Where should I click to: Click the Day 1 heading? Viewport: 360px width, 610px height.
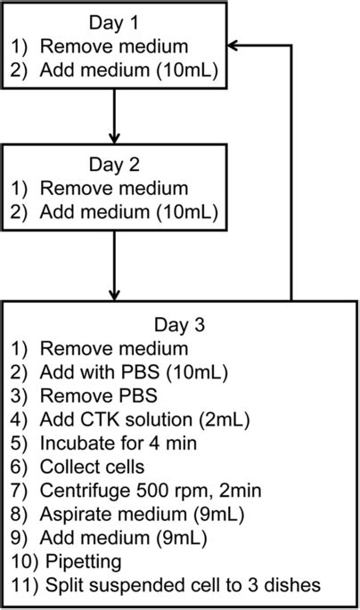pos(114,21)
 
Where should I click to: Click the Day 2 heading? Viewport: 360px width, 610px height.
pos(114,165)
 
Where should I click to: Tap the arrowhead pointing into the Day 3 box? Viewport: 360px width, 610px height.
pos(114,293)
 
